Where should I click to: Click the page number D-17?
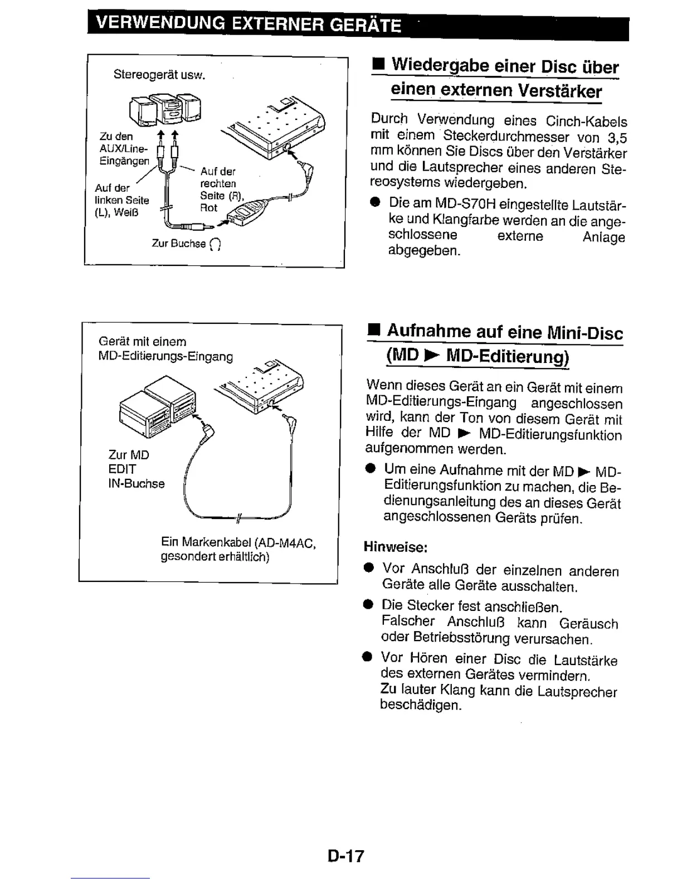345,856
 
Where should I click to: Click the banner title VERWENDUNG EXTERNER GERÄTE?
248,25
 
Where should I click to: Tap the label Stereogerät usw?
159,74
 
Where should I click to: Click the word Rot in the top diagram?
208,208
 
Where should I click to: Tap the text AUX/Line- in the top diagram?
123,149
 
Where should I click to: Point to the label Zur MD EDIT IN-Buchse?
136,469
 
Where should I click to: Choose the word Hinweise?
395,547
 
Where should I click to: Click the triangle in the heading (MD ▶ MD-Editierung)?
430,356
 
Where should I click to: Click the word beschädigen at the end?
420,705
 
